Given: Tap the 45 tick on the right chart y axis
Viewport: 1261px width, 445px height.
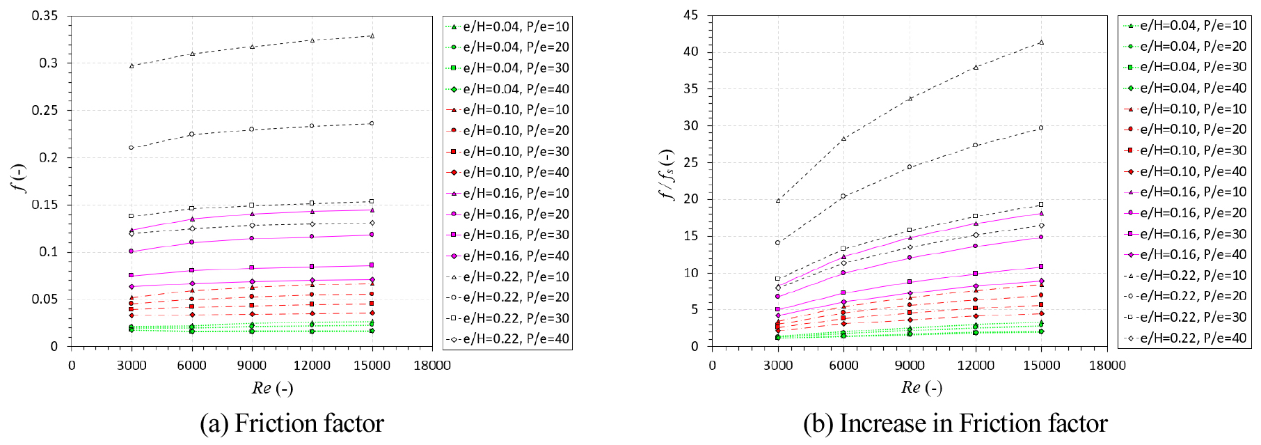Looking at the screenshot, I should [690, 15].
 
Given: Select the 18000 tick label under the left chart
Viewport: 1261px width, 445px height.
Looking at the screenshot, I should [431, 365].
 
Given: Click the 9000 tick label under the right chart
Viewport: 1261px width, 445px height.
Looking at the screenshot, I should [909, 365].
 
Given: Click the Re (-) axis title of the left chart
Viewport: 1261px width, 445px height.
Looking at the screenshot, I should [272, 388].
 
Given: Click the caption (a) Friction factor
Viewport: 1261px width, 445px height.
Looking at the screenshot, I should [292, 423].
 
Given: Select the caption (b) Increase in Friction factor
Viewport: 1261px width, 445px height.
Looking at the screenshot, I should [955, 423].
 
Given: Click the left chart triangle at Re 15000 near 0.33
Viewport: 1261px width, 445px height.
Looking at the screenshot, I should [372, 36].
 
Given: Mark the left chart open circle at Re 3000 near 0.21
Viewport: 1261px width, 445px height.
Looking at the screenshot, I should [131, 148].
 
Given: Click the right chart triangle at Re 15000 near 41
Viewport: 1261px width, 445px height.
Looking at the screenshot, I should [1041, 42].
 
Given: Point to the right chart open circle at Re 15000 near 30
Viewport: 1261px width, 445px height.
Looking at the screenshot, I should [1041, 128].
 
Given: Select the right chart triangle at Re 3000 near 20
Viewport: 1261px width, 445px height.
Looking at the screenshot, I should [778, 201].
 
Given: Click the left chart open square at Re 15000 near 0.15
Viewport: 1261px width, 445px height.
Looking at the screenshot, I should [372, 201].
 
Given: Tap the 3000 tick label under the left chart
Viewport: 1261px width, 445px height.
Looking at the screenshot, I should [131, 365].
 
